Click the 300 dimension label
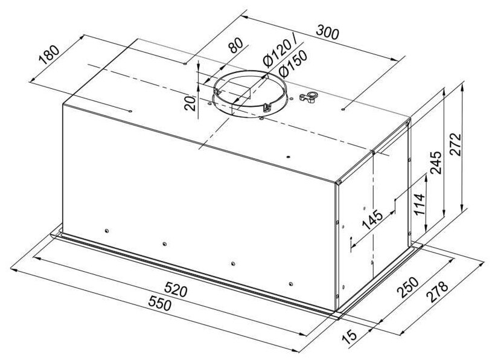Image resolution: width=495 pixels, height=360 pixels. pos(327,32)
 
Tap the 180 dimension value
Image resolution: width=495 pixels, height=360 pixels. pos(49,54)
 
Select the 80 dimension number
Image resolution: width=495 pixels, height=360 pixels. pos(235,45)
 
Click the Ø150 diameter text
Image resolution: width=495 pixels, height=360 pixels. pos(293,64)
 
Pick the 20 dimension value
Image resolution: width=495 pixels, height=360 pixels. pos(190,103)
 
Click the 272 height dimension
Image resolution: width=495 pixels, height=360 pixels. pos(455,144)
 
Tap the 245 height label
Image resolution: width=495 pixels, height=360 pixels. pos(436,162)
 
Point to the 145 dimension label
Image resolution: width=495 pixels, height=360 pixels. pos(372,219)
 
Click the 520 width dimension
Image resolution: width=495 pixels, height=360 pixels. pos(176,289)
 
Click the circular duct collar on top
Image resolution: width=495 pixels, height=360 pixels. pos(250,94)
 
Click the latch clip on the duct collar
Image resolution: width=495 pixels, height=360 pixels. pos(267,108)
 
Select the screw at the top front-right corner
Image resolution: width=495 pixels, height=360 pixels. pos(339,182)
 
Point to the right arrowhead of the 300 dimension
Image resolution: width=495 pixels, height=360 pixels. pos(401,60)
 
